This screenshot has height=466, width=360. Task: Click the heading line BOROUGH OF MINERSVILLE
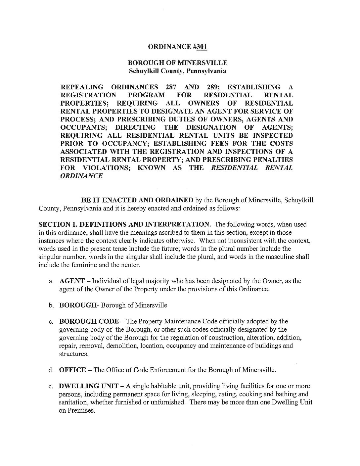click(177, 63)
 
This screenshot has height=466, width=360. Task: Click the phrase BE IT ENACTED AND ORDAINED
click(135, 200)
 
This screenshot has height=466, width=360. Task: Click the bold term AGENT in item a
click(72, 281)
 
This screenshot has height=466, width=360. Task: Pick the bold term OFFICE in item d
click(72, 370)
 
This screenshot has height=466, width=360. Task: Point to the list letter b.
click(51, 305)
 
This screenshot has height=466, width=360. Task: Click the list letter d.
click(51, 370)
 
